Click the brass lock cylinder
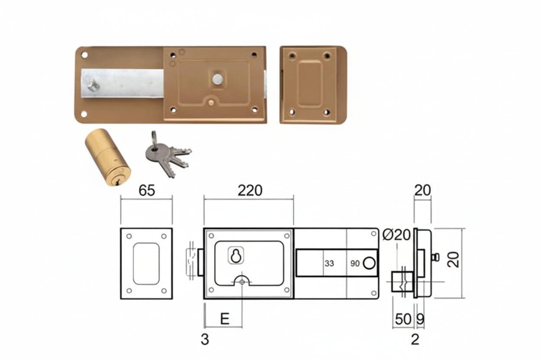click(x=107, y=157)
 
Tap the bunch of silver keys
click(x=168, y=154)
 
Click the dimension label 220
click(x=250, y=190)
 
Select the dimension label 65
click(x=147, y=190)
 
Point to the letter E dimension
click(x=225, y=319)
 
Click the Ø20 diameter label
click(x=396, y=235)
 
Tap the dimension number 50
click(x=403, y=319)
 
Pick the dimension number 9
click(x=420, y=319)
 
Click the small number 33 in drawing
click(x=329, y=264)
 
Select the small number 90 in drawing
click(x=355, y=264)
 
